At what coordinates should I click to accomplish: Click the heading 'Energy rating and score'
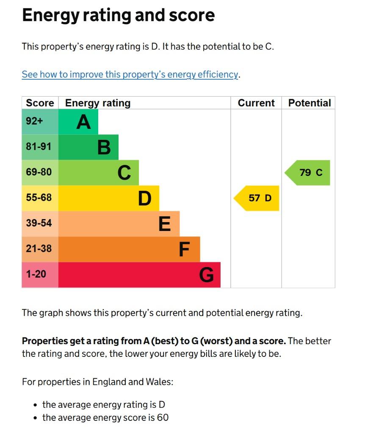(118, 16)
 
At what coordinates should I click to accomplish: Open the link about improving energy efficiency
(130, 75)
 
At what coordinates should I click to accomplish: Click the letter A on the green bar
(83, 122)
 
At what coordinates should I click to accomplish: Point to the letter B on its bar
(104, 148)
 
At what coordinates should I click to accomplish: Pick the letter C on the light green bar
(124, 173)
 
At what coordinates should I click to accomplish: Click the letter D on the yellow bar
(144, 198)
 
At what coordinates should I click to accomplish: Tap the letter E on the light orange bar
(165, 224)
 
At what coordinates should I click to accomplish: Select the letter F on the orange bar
(184, 249)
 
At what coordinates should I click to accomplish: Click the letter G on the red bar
(206, 275)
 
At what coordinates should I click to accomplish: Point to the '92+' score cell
(35, 121)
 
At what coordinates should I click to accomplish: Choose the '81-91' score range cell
(39, 147)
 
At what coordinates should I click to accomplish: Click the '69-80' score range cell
(39, 172)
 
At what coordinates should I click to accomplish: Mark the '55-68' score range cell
(39, 198)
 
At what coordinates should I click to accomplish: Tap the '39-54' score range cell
(39, 223)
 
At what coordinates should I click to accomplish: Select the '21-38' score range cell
(39, 248)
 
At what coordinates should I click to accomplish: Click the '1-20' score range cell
(36, 274)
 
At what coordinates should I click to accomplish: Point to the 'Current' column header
(256, 103)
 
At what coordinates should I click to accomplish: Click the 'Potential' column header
(309, 103)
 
